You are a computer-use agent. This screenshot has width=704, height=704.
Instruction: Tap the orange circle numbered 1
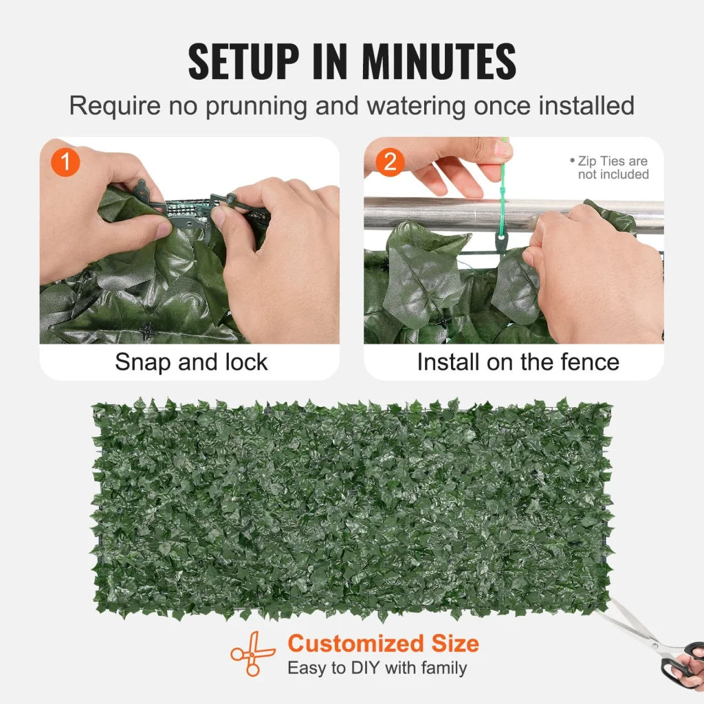66,162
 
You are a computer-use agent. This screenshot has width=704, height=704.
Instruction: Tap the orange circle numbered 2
390,162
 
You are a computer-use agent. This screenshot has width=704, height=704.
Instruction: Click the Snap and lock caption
191,362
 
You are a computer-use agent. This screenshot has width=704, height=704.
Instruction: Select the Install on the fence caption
518,362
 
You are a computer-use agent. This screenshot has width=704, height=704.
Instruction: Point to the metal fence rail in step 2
440,214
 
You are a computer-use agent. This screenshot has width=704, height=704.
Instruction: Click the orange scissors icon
252,654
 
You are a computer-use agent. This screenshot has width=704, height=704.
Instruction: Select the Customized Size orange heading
383,644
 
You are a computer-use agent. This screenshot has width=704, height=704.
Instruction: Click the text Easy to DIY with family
377,668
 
